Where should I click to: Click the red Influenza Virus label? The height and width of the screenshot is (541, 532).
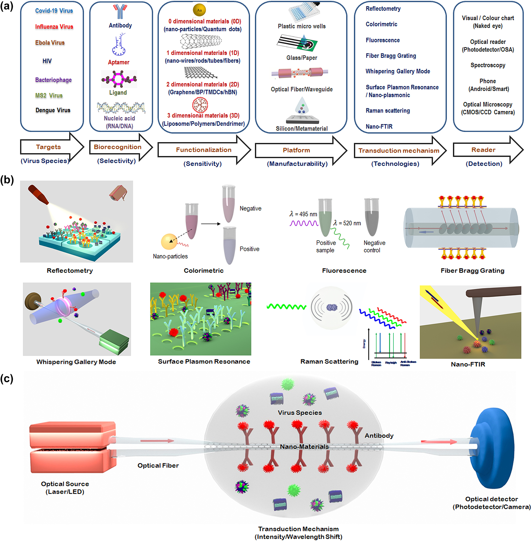[x=54, y=26]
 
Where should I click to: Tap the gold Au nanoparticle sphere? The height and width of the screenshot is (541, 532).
[x=199, y=10]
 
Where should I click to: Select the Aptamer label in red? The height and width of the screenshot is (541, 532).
[x=119, y=62]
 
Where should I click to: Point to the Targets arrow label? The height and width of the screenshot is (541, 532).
[x=48, y=147]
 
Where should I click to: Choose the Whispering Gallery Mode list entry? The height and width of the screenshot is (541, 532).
[x=398, y=71]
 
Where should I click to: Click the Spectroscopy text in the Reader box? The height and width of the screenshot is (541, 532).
[x=488, y=65]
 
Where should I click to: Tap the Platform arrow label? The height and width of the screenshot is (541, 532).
[x=296, y=150]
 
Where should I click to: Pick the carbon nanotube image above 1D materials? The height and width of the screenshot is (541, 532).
[x=201, y=41]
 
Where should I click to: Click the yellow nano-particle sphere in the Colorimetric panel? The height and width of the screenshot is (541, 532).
[x=169, y=241]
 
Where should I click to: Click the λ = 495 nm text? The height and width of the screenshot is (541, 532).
[x=303, y=214]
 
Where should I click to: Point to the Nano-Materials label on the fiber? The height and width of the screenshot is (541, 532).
[x=304, y=446]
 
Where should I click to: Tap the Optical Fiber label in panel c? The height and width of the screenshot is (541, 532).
[x=158, y=465]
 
